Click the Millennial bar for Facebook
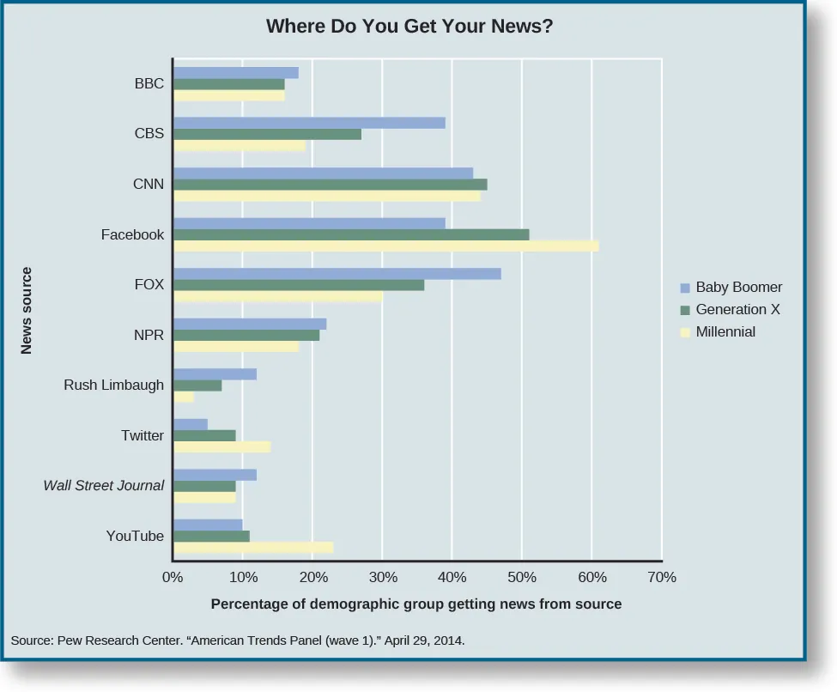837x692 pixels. [386, 246]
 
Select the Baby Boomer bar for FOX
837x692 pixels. [337, 274]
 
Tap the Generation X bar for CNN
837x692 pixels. [331, 185]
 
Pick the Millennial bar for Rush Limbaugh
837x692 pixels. [185, 397]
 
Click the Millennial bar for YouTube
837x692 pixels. [253, 547]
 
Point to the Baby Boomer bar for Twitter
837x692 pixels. [191, 424]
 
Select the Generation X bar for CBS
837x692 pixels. [268, 135]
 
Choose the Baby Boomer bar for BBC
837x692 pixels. [236, 73]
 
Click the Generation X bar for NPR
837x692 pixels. [246, 335]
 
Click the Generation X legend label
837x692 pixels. [737, 309]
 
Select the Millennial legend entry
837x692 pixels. [725, 331]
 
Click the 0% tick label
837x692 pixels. [173, 577]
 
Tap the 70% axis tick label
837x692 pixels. [662, 577]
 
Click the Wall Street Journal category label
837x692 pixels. [104, 486]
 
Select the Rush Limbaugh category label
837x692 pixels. [113, 385]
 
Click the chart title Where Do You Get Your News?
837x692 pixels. [409, 27]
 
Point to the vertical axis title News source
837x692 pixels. [27, 311]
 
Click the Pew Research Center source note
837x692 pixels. [238, 640]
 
